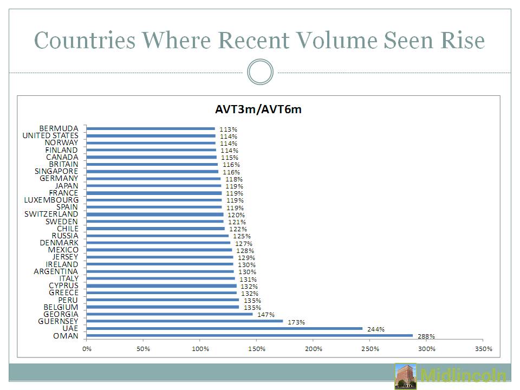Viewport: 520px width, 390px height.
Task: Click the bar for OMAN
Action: [249, 335]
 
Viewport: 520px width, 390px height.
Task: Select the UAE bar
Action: [224, 328]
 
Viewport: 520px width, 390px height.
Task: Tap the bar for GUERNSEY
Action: [184, 321]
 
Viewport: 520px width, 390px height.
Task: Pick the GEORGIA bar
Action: [169, 314]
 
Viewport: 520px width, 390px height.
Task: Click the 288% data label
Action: [426, 336]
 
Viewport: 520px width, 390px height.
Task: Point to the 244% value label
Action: [376, 329]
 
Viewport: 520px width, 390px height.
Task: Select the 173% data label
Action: [296, 322]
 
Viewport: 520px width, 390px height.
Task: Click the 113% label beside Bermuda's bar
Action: [228, 129]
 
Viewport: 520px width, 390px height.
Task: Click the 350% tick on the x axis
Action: [484, 349]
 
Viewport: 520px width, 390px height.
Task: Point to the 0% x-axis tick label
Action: [87, 349]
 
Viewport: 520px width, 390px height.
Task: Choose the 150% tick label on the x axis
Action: [257, 349]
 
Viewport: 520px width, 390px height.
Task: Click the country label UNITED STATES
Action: [50, 135]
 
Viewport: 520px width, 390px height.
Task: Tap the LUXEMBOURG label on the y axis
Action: [51, 200]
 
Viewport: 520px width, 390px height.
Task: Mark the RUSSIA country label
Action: [65, 236]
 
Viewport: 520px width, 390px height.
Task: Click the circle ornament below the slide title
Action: [260, 72]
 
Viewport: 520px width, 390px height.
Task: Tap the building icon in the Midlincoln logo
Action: [406, 376]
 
